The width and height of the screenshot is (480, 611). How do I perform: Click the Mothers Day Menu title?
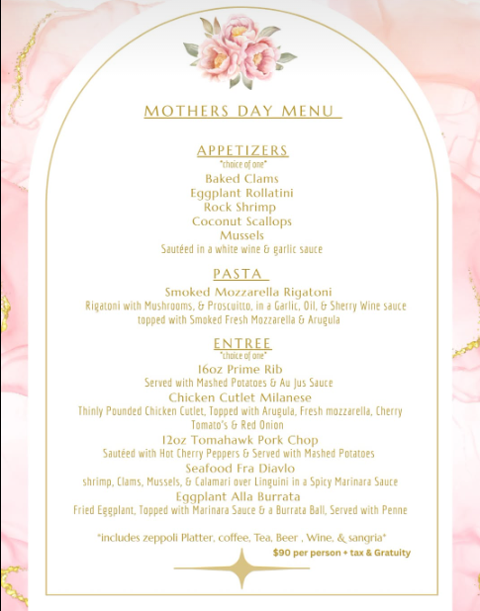241,112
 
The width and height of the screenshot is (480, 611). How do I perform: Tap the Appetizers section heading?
242,150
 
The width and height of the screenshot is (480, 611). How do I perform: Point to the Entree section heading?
242,343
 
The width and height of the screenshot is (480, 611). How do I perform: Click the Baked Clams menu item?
242,179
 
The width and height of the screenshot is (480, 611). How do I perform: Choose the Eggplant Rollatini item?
242,194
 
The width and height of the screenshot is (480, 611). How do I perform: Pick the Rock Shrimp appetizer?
240,208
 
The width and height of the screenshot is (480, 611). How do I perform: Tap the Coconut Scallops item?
242,221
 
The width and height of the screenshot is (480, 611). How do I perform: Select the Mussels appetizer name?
242,235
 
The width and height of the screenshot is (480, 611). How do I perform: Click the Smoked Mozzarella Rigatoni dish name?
248,292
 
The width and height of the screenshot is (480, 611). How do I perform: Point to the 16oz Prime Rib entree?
240,369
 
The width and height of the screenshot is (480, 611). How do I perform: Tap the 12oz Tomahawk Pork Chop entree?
240,439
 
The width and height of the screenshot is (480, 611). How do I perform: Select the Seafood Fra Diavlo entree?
240,468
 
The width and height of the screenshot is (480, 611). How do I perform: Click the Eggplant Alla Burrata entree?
239,495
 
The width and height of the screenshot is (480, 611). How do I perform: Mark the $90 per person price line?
341,553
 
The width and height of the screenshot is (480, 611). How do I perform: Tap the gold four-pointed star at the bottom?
240,567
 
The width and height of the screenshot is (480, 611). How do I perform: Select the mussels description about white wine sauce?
242,249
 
